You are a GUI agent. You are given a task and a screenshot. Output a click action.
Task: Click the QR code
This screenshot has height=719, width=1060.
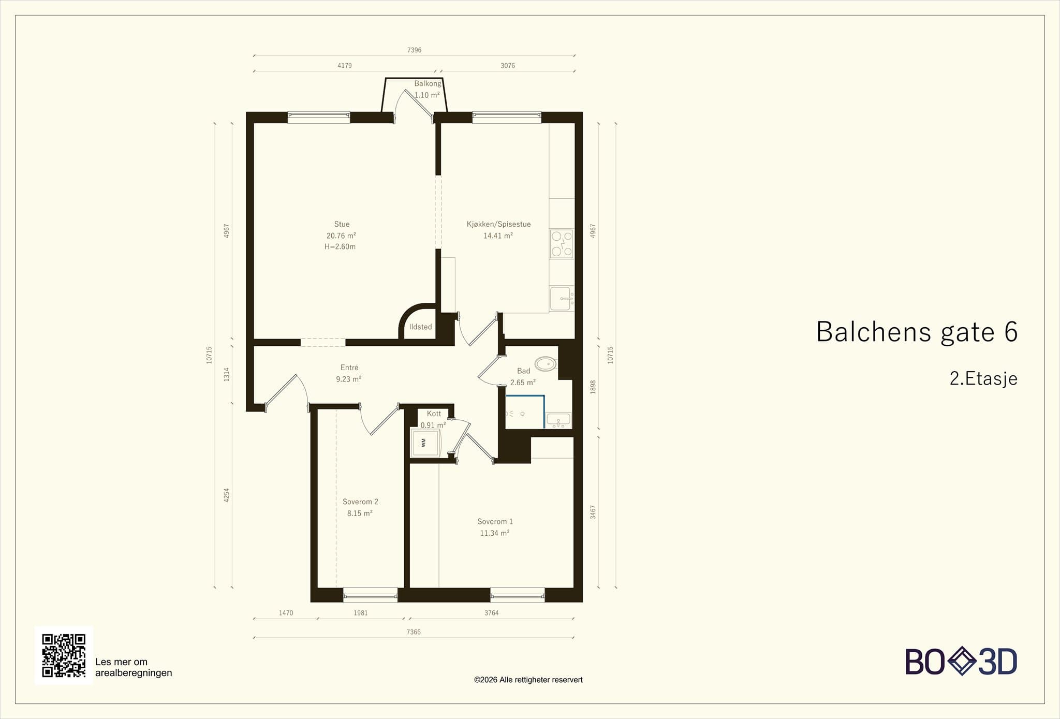click(64, 655)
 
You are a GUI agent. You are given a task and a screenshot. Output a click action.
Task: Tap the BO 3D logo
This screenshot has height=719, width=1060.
click(961, 661)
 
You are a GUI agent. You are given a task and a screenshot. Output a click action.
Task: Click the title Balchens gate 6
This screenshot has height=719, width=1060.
click(917, 332)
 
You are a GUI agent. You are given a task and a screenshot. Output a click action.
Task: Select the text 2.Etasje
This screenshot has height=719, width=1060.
click(983, 378)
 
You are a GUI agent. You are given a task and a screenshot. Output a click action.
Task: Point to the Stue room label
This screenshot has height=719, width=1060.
click(342, 224)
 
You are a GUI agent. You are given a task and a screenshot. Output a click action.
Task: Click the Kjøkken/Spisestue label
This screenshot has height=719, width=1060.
click(498, 224)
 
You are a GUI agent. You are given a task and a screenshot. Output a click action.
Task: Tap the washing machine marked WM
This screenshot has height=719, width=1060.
click(425, 443)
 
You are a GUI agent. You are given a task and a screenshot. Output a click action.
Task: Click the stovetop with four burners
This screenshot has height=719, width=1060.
click(562, 244)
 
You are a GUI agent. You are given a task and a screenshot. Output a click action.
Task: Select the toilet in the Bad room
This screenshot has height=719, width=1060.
click(546, 364)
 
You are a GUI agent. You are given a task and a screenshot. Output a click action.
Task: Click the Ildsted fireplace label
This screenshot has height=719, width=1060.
click(420, 327)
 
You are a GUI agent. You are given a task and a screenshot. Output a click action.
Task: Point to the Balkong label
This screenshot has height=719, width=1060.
click(428, 83)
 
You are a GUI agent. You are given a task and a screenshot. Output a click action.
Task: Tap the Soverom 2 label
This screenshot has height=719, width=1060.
click(360, 502)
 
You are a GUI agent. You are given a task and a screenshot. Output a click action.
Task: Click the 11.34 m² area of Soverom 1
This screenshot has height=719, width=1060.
click(495, 533)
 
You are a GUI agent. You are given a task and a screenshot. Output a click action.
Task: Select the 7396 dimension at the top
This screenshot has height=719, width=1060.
click(414, 50)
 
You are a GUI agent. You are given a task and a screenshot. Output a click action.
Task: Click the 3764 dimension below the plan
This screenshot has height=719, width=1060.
click(491, 613)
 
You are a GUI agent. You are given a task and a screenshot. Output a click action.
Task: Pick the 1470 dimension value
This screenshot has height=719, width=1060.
click(286, 613)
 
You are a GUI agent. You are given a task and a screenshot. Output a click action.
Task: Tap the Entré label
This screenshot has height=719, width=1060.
click(349, 368)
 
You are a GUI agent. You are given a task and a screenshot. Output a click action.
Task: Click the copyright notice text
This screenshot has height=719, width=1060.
click(528, 680)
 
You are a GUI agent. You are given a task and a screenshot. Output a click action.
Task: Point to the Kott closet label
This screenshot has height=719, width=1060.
click(434, 414)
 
